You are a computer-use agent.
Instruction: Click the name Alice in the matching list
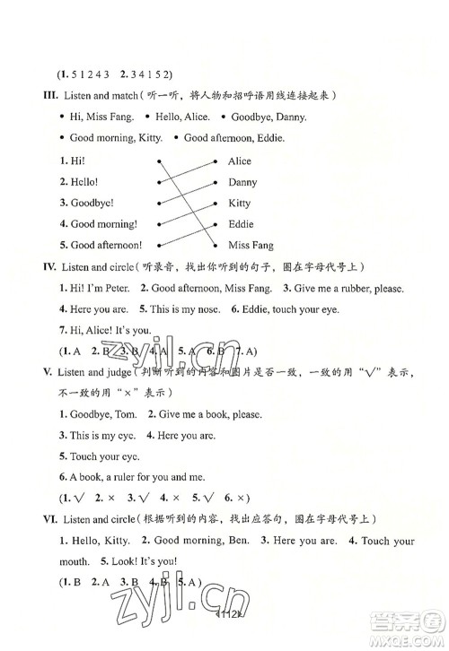[x=240, y=161]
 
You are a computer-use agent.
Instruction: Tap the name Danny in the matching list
[x=242, y=182]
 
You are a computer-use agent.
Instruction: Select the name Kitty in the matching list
[x=240, y=204]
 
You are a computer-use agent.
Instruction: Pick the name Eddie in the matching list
[x=241, y=224]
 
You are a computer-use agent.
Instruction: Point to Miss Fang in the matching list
[x=251, y=246]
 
